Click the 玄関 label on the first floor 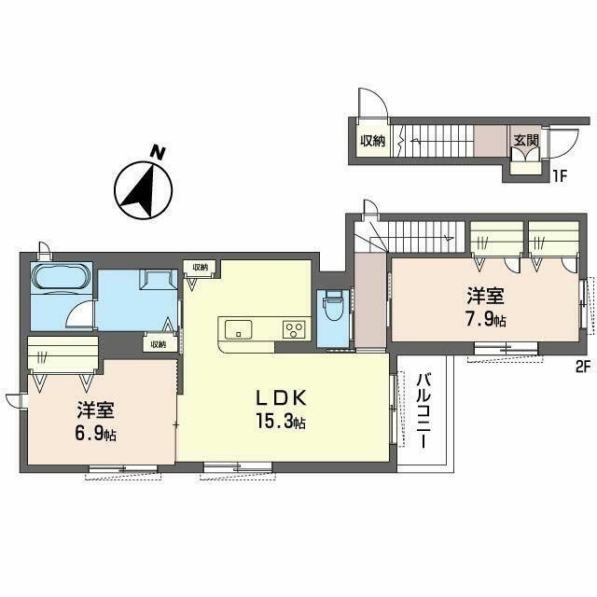tap(525, 141)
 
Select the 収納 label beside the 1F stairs tap(373, 141)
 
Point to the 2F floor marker tap(584, 367)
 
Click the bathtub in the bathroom tap(61, 278)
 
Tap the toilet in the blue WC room tap(334, 306)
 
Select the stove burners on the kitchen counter tap(294, 328)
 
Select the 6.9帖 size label tap(96, 435)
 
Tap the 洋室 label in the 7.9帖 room tap(486, 297)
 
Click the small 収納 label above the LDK tap(201, 267)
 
